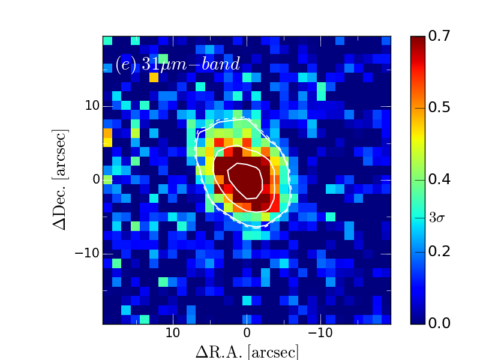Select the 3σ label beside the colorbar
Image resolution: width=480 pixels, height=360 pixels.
(x=437, y=218)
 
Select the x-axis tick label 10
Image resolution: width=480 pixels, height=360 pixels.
(x=173, y=333)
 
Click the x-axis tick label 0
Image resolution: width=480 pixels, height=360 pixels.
(x=246, y=333)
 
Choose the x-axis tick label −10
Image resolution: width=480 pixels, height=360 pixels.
(x=320, y=333)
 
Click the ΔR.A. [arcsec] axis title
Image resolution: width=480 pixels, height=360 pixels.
(x=247, y=352)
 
